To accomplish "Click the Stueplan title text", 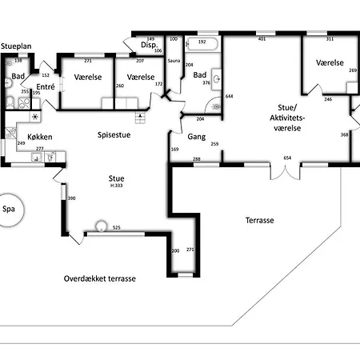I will (15, 47).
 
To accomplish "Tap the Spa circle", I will (10, 210).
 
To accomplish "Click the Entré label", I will (46, 86).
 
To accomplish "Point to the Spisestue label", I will (114, 135).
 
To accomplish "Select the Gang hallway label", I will (197, 137).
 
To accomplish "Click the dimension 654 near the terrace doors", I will (286, 158).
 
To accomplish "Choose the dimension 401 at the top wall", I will (261, 38).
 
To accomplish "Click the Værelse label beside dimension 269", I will (329, 62).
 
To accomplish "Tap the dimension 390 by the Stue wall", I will (70, 198).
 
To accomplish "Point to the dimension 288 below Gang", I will (196, 160).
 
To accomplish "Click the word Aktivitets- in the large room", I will (286, 118).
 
